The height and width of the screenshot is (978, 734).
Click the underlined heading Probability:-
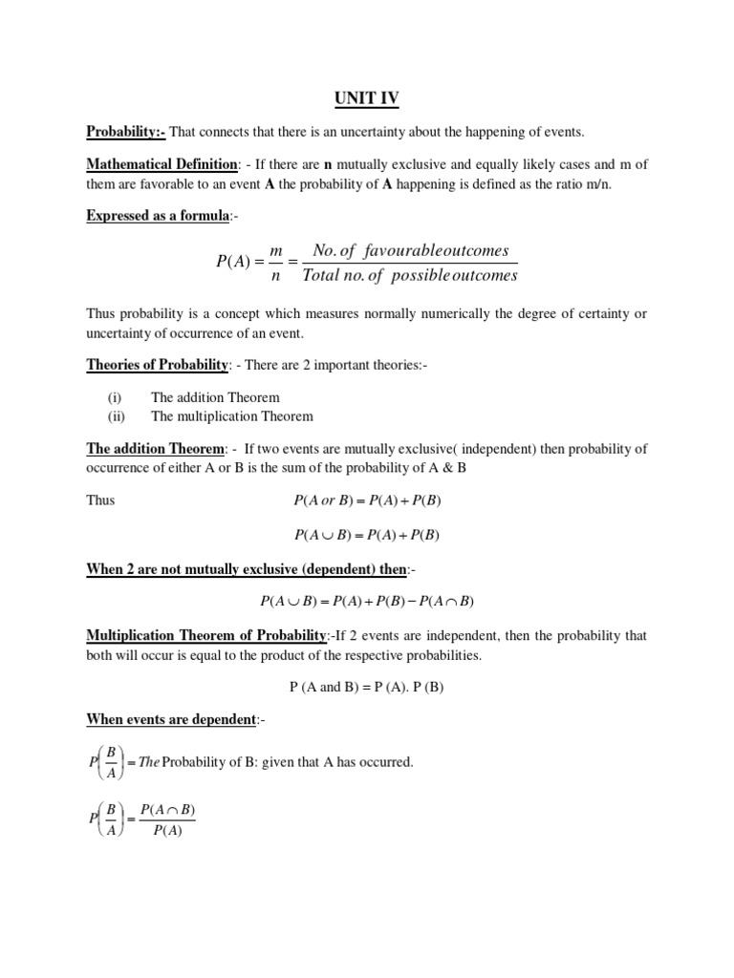126,131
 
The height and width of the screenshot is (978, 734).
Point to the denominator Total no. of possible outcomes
409,276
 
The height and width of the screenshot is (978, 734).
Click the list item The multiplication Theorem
232,415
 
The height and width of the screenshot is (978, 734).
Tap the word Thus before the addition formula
100,500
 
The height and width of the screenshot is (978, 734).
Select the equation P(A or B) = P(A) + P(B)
367,500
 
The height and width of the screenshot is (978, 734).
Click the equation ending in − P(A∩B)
367,602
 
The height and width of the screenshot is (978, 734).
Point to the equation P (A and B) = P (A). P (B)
367,688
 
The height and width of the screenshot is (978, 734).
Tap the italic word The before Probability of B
148,762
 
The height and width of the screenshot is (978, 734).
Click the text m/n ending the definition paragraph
594,184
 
